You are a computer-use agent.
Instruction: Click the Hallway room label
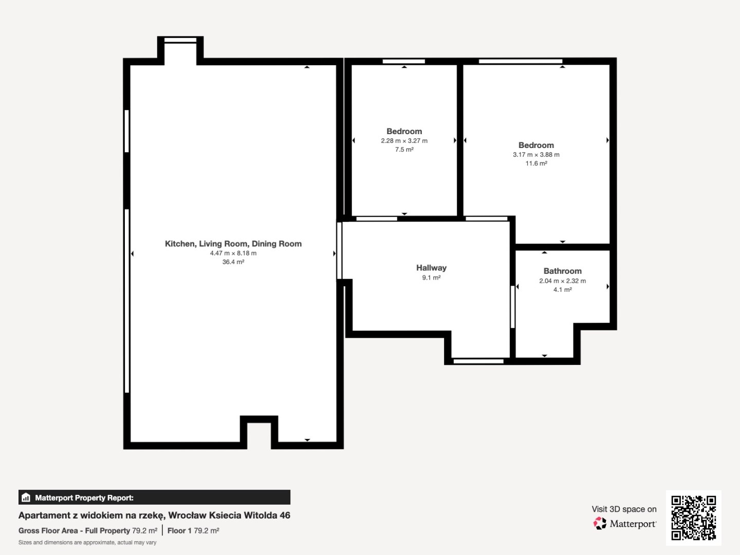click(x=431, y=268)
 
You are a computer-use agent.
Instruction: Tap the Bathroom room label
click(x=562, y=271)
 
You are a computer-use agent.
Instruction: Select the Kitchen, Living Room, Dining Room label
click(x=233, y=244)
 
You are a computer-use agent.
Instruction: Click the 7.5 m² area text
click(x=404, y=149)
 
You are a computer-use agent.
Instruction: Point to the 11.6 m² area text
click(x=536, y=163)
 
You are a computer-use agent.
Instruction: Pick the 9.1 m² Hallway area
click(x=431, y=277)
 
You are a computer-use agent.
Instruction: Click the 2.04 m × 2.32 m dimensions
click(x=562, y=281)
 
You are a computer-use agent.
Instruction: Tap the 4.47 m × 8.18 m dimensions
click(x=233, y=253)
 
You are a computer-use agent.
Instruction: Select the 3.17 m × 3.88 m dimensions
click(x=536, y=155)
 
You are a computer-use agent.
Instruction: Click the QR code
click(x=693, y=518)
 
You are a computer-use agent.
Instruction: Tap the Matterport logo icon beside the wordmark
click(x=600, y=523)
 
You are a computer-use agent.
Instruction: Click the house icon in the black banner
click(x=26, y=497)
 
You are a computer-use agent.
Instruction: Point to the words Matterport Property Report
click(x=84, y=498)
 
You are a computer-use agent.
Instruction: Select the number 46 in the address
click(x=285, y=515)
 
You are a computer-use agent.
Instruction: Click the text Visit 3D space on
click(x=624, y=509)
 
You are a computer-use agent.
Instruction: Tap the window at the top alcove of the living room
click(x=180, y=40)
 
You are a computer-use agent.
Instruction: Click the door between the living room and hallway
click(x=340, y=250)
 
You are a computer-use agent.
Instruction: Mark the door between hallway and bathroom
click(x=512, y=307)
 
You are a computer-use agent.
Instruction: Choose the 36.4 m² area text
click(x=233, y=262)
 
